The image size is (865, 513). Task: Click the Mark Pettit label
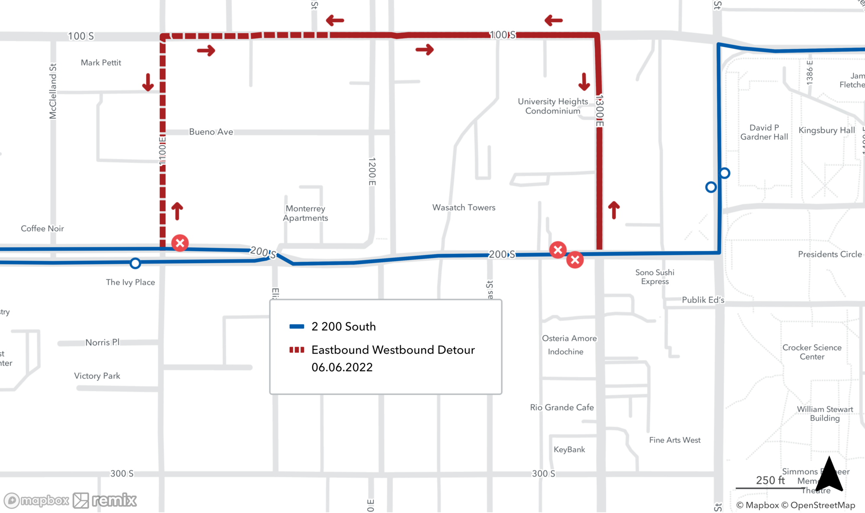(101, 63)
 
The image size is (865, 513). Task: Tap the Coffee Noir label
(42, 229)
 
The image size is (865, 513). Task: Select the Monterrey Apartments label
(305, 213)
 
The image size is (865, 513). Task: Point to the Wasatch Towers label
(464, 207)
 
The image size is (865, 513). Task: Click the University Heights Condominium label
(553, 106)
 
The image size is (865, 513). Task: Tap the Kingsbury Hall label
(827, 130)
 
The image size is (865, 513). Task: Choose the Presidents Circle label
(830, 254)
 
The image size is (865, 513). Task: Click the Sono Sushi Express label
(655, 277)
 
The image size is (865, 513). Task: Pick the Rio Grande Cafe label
(562, 407)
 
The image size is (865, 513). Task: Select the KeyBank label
(569, 449)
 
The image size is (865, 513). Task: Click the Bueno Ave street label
(211, 132)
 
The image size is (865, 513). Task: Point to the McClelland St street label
(53, 91)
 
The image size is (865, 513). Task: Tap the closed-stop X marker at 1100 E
(180, 243)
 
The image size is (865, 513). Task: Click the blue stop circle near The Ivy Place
(135, 263)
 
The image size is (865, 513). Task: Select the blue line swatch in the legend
(297, 327)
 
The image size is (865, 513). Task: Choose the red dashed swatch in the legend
(297, 350)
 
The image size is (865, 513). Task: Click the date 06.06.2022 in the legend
(342, 367)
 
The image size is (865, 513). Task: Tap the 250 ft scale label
(770, 480)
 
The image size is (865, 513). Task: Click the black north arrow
(829, 475)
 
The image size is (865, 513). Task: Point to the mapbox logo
(37, 500)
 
